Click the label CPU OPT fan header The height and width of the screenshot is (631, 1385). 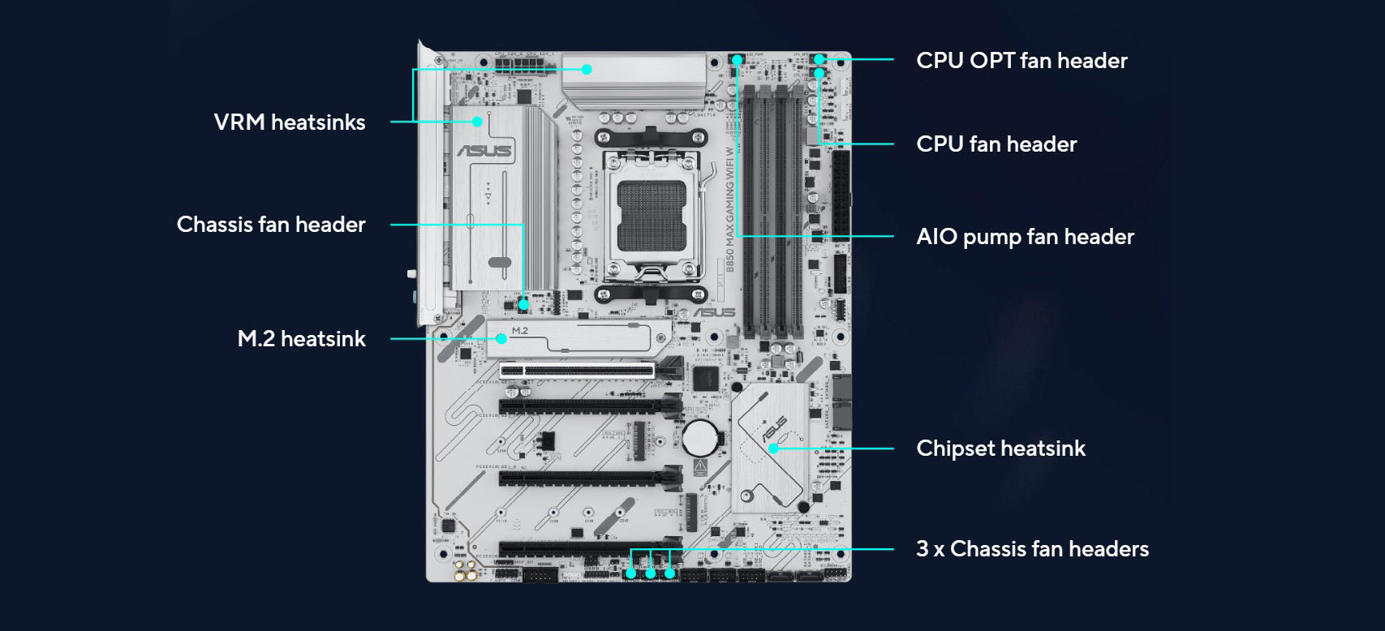pos(1022,61)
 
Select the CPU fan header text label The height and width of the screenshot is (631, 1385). pos(996,144)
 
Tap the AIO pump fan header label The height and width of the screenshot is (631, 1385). pos(1025,237)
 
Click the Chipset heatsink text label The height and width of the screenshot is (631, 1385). pos(1000,449)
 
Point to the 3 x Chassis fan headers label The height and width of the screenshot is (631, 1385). pos(1032,549)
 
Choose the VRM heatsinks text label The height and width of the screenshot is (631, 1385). pos(290,122)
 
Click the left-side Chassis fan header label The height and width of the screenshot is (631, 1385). pos(271,225)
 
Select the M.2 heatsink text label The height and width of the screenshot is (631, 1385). pos(301,339)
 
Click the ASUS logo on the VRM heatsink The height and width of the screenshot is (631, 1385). pos(484,151)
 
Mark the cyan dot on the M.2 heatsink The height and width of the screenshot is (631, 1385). pos(502,339)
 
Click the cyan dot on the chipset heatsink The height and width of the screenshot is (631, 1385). pos(774,448)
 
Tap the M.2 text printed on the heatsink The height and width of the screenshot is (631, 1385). pos(520,330)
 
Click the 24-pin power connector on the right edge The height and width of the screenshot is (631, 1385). pos(841,191)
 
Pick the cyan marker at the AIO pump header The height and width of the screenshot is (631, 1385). pos(737,60)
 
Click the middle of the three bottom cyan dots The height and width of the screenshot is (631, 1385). pos(651,573)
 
